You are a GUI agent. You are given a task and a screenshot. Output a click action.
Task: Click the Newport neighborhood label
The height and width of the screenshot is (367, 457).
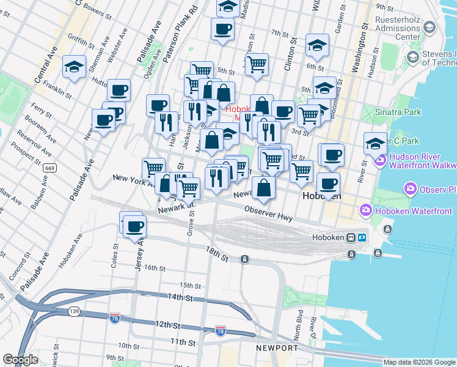(x=277, y=348)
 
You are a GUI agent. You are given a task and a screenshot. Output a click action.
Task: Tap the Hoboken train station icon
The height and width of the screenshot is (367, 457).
(x=351, y=237)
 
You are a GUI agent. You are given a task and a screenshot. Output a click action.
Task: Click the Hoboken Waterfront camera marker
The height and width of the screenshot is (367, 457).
(x=366, y=211)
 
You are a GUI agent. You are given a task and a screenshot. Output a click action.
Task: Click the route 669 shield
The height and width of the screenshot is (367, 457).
(x=50, y=168)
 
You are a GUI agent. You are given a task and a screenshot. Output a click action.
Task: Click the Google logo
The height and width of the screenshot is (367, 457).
(x=20, y=359)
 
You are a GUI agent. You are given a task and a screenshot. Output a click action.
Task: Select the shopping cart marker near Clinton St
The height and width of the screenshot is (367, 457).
(x=257, y=63)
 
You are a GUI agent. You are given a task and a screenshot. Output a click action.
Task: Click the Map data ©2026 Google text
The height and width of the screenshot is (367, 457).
(x=419, y=362)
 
